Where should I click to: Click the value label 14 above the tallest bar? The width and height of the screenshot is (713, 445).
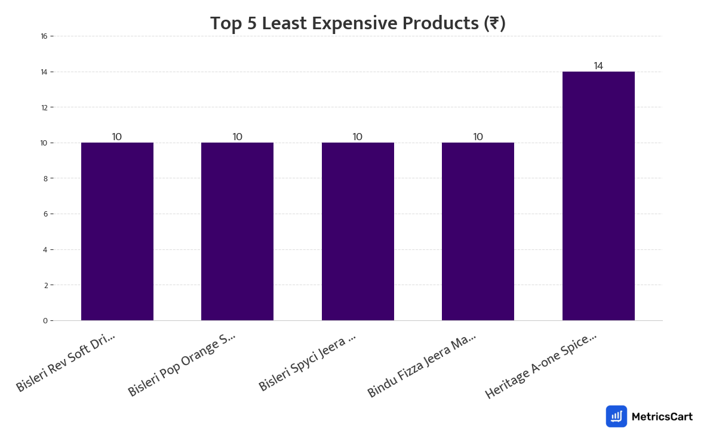click(598, 66)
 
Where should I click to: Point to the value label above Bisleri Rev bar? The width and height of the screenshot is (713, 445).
click(117, 137)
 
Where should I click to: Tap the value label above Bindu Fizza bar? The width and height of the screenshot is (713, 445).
click(478, 137)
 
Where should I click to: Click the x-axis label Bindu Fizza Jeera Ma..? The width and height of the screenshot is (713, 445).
click(422, 365)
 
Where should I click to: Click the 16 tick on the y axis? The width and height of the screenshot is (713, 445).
click(44, 36)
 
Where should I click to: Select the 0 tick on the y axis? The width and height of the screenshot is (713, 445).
click(45, 321)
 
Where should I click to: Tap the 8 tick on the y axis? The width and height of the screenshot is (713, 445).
click(45, 178)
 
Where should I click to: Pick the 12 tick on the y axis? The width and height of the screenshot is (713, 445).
click(44, 107)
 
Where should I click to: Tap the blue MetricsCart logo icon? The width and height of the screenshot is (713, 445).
click(616, 416)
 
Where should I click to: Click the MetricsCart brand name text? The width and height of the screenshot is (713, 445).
click(662, 416)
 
